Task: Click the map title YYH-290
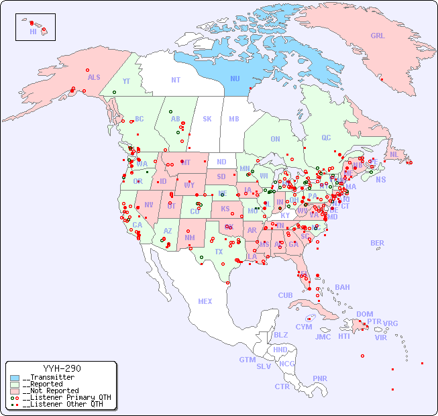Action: tap(62, 368)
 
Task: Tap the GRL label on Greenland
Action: tap(378, 36)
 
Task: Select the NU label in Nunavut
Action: tap(235, 79)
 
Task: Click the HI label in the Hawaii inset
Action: tap(33, 32)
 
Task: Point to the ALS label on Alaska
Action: tap(94, 77)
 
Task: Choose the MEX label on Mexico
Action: tap(205, 301)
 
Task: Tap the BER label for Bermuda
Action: tap(377, 243)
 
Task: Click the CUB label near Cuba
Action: tap(285, 295)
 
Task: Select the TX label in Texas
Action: tap(219, 252)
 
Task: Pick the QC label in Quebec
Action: tap(326, 138)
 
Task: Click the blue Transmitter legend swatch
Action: tap(15, 378)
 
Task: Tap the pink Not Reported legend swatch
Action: tap(15, 391)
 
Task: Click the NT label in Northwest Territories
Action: tap(175, 79)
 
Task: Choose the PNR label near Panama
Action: tap(320, 378)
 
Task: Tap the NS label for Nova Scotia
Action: tap(380, 179)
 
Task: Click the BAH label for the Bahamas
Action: tap(342, 287)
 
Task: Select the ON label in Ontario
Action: tap(275, 139)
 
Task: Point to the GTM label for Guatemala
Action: tap(247, 360)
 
